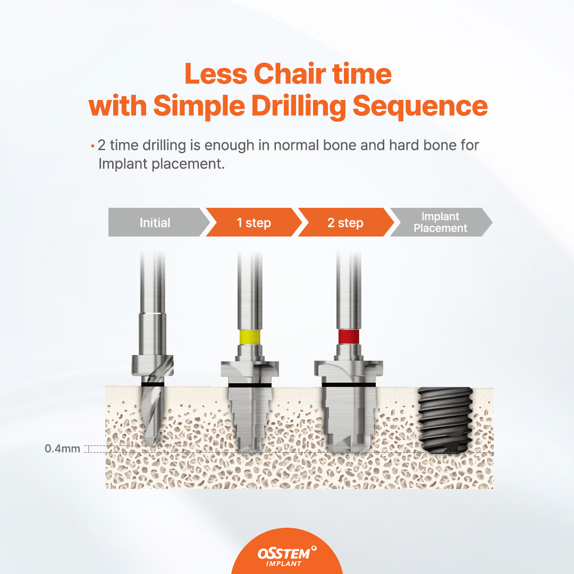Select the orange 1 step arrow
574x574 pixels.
[254, 222]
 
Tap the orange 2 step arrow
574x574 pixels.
[345, 222]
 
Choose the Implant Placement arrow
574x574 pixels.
[441, 222]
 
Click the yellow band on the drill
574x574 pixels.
[250, 337]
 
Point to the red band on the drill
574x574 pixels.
[349, 337]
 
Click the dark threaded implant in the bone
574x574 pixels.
[445, 419]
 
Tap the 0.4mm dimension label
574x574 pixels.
[62, 449]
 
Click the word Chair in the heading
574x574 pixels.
[290, 74]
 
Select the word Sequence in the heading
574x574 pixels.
[420, 106]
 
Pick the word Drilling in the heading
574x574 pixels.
[298, 106]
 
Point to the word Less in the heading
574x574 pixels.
[216, 74]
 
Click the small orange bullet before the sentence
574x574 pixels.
[92, 147]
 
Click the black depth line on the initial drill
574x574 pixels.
[153, 385]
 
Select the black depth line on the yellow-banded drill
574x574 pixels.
[250, 385]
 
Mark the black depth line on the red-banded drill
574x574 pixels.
[349, 384]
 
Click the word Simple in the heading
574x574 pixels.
[199, 106]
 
